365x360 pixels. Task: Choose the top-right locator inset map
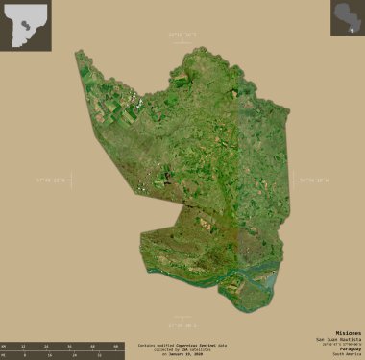[x=347, y=19]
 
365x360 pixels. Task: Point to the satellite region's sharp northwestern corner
[x=78, y=53]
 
